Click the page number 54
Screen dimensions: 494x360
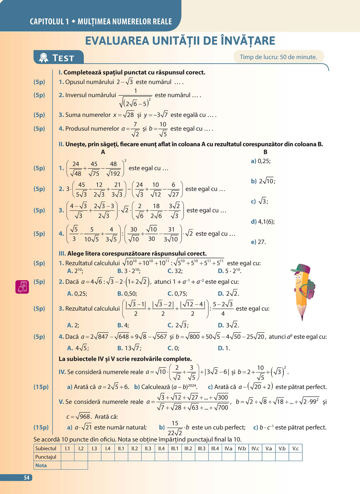click(27, 478)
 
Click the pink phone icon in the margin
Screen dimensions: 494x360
click(22, 287)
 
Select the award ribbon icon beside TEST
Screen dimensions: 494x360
click(44, 58)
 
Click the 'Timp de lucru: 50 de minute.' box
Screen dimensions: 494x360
click(278, 57)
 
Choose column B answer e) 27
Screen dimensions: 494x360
click(258, 242)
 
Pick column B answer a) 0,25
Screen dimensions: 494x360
click(261, 161)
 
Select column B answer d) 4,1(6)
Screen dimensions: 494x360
click(262, 222)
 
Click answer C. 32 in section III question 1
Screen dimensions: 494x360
click(175, 271)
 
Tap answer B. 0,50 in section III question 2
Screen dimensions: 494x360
click(127, 294)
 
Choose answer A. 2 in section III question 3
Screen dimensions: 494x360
click(73, 325)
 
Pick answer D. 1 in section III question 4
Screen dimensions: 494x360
click(224, 348)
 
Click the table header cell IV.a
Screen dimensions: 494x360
click(228, 448)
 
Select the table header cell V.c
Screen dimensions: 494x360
click(295, 448)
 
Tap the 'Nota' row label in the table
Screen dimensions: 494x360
click(41, 465)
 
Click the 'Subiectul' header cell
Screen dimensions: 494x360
click(46, 448)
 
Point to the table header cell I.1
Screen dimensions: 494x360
click(67, 448)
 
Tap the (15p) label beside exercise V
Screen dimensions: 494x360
click(41, 427)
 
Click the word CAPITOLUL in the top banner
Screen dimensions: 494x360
click(47, 22)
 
